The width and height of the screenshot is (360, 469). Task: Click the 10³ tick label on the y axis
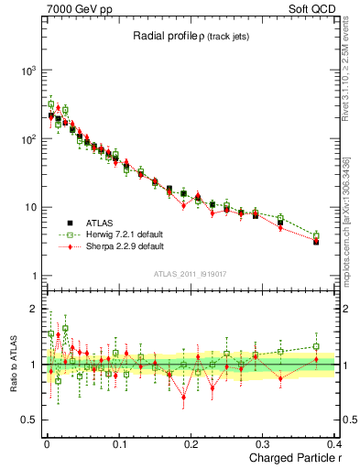click(x=27, y=71)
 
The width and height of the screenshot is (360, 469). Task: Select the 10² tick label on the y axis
click(x=27, y=139)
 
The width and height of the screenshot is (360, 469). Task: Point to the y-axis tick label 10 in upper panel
click(x=30, y=207)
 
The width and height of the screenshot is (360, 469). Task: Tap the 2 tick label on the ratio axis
click(x=34, y=309)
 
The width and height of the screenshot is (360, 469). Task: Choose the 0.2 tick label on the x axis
click(x=191, y=442)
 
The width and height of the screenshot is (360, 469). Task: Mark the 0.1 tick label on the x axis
click(x=119, y=442)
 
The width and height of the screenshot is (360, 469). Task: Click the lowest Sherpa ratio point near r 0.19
click(x=183, y=397)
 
